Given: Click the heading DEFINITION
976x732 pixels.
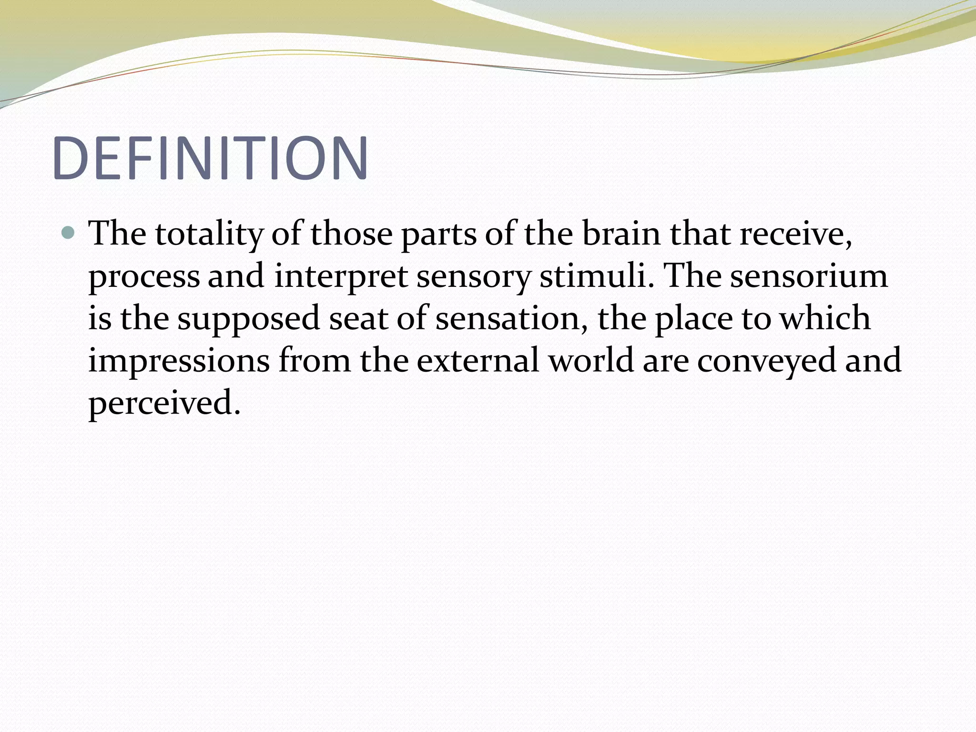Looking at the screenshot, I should click(210, 158).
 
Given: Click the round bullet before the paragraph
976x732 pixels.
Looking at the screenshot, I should click(69, 233).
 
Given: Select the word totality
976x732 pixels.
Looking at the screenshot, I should click(209, 234).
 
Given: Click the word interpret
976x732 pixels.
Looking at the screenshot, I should click(341, 276).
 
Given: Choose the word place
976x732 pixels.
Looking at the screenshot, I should click(693, 318).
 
